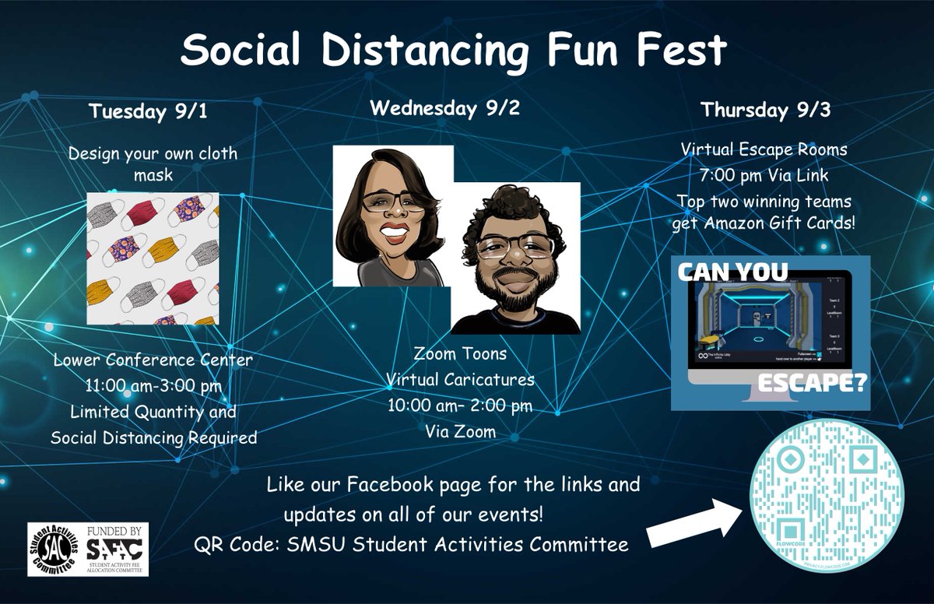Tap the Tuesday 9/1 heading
point(148,111)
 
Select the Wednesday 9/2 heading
point(444,107)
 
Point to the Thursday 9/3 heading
point(765,110)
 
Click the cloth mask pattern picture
point(153,258)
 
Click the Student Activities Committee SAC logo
point(55,549)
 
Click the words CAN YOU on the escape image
point(732,272)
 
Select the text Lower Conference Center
point(153,360)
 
